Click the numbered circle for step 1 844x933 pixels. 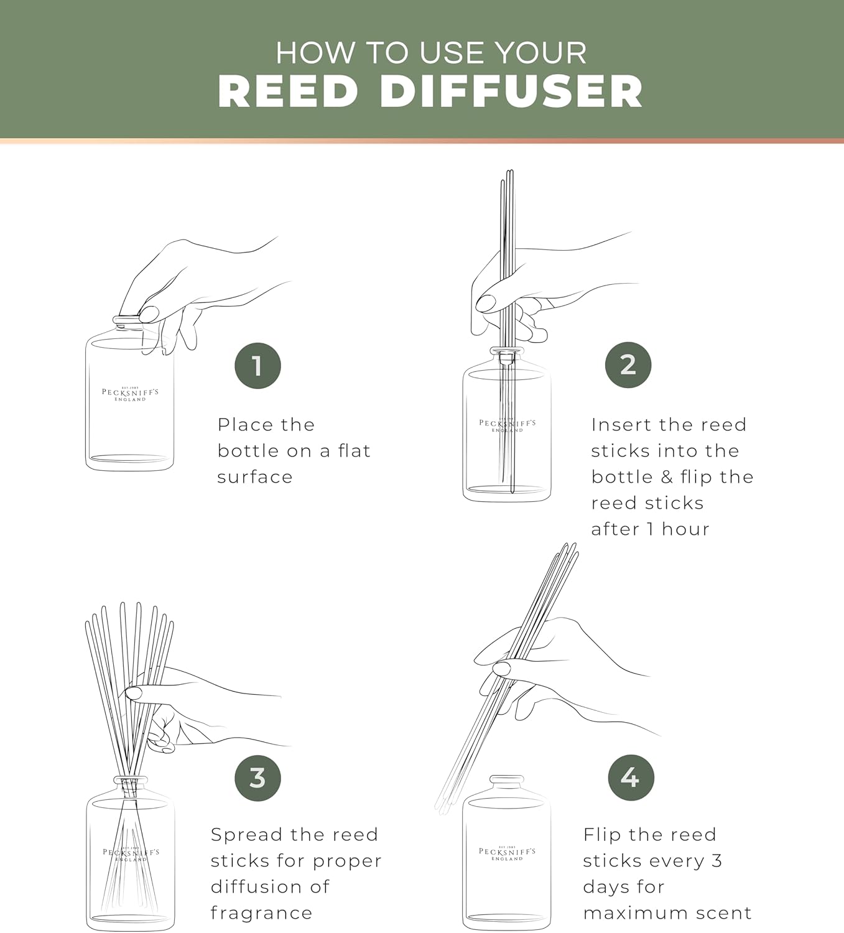point(257,366)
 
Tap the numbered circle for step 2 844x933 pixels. point(628,364)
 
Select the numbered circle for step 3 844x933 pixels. point(257,777)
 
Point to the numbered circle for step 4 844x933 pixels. point(631,777)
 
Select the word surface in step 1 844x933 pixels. point(255,477)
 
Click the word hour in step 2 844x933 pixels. point(685,529)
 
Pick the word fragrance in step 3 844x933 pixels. point(261,912)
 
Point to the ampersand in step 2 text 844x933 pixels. point(667,477)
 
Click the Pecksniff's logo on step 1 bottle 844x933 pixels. point(130,394)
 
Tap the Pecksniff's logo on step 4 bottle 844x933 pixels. point(507,853)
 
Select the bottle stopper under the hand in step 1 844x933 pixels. point(126,321)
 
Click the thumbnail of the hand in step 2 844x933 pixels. point(486,303)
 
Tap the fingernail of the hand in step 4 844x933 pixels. point(501,669)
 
